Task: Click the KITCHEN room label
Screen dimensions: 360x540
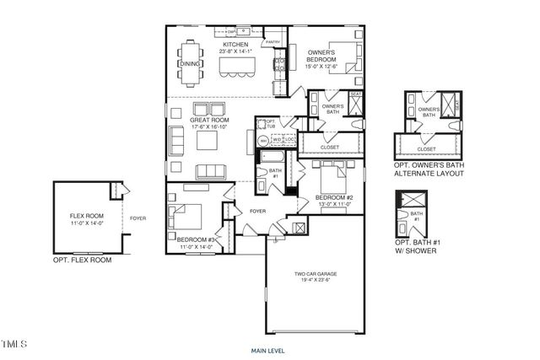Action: click(235, 44)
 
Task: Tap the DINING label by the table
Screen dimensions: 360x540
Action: click(190, 63)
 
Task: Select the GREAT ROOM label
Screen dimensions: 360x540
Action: click(209, 120)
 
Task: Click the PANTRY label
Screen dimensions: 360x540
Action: click(273, 41)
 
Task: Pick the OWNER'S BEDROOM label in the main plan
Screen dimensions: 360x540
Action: click(321, 56)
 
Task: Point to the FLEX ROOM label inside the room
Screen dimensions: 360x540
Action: click(86, 216)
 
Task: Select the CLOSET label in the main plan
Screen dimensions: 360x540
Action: click(330, 148)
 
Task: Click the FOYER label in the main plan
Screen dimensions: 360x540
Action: click(257, 212)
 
